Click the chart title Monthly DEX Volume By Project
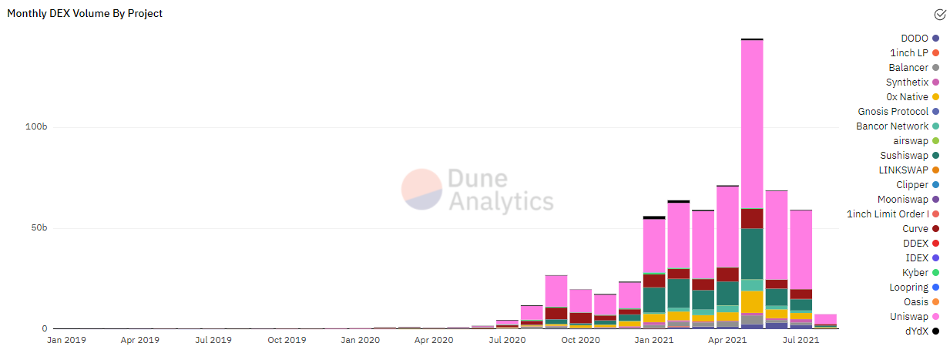(x=85, y=14)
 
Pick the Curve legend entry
(x=915, y=229)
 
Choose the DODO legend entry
(x=914, y=39)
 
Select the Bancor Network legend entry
(x=892, y=126)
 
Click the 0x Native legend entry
(x=907, y=97)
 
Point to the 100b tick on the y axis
(x=36, y=126)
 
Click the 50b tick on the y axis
(x=39, y=228)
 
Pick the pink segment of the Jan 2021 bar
(x=654, y=246)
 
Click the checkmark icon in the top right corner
(x=939, y=14)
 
